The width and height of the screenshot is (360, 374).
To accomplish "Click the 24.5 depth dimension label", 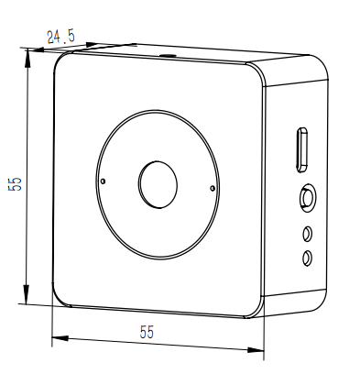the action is click(60, 37).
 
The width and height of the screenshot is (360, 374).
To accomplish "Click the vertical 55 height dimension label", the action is click(15, 183).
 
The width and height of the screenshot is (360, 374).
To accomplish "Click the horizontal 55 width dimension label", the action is click(147, 332).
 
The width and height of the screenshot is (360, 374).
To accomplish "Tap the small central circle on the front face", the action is click(158, 185).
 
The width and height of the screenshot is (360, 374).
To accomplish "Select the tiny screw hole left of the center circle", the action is click(104, 181).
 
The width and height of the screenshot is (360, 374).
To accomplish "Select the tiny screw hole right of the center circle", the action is click(213, 188).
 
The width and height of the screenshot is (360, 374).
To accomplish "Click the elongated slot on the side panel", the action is click(302, 149).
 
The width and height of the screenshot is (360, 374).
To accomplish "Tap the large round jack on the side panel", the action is click(308, 197).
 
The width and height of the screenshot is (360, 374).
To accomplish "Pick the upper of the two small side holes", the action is click(308, 234).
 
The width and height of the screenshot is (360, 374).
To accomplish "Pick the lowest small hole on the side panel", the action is click(307, 258).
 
